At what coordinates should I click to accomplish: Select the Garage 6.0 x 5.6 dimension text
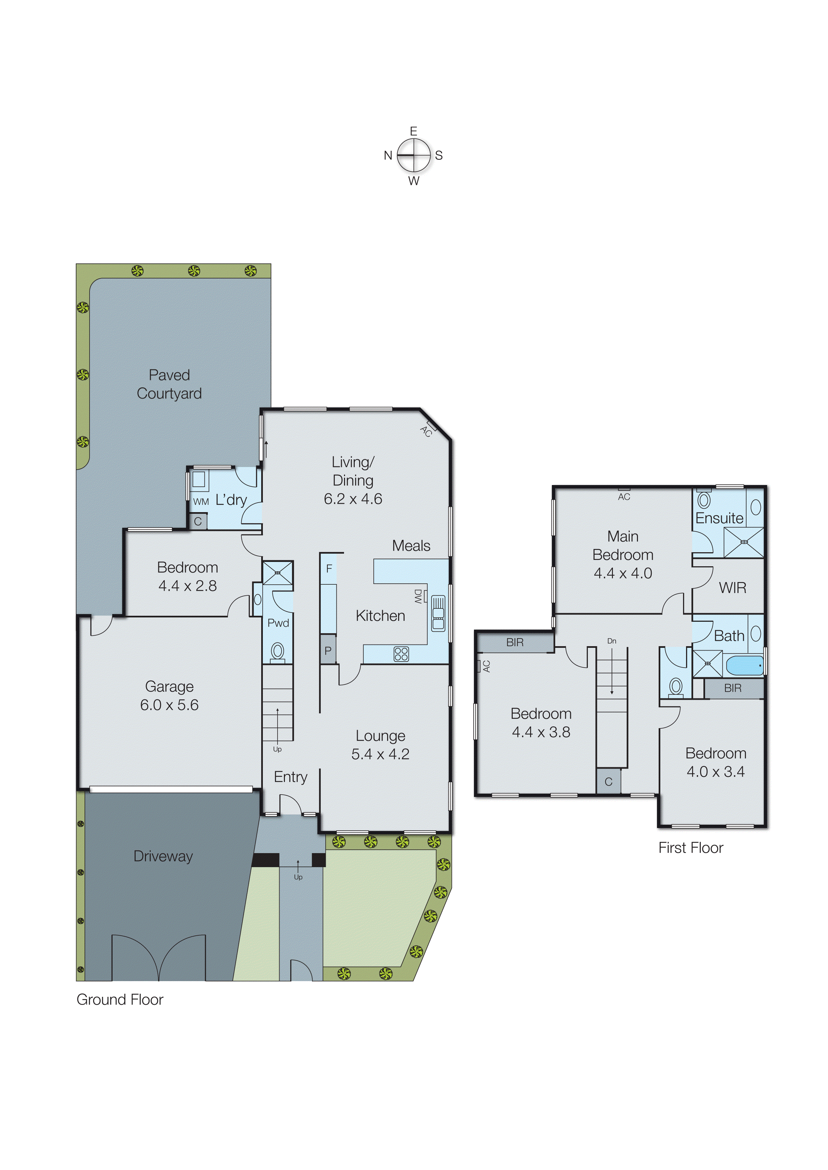pyautogui.click(x=169, y=705)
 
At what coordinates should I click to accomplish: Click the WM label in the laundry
pyautogui.click(x=201, y=501)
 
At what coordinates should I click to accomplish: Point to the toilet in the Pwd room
pyautogui.click(x=277, y=652)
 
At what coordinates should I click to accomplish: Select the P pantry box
pyautogui.click(x=328, y=650)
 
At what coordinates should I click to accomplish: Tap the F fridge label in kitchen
pyautogui.click(x=329, y=568)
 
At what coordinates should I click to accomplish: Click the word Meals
pyautogui.click(x=411, y=546)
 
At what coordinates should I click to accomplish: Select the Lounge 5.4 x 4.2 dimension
pyautogui.click(x=380, y=754)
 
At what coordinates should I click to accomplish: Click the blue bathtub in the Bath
pyautogui.click(x=744, y=665)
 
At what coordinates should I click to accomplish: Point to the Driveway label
pyautogui.click(x=163, y=856)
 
